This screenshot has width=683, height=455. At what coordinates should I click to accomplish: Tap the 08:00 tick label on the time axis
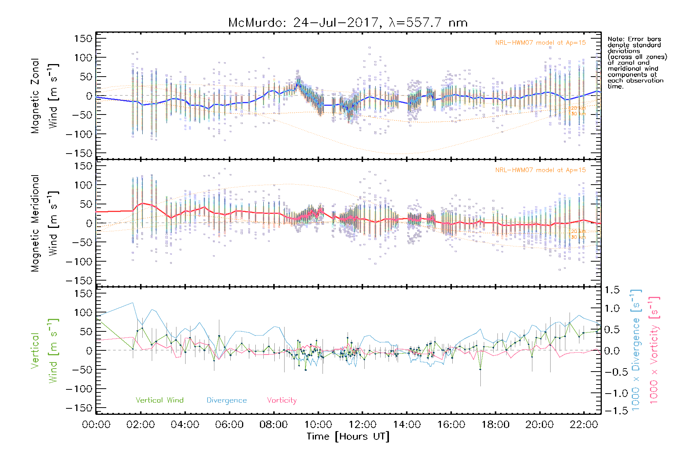(273, 425)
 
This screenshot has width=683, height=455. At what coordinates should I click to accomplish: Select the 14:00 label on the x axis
(406, 425)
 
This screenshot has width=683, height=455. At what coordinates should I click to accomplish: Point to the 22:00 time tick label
(584, 425)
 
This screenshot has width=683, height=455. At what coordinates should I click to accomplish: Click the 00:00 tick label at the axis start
(96, 425)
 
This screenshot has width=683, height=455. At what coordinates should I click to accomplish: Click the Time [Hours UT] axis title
(348, 437)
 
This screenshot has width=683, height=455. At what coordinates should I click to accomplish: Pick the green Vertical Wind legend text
(159, 400)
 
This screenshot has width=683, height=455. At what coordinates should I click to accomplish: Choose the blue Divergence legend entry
(227, 400)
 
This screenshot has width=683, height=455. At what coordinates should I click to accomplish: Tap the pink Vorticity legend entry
(282, 400)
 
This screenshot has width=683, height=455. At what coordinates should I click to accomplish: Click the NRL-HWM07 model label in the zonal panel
(540, 43)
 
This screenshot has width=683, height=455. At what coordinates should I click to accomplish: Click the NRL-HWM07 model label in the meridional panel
(540, 170)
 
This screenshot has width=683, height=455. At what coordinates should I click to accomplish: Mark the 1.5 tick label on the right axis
(612, 290)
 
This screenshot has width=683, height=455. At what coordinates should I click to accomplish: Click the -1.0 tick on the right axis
(612, 393)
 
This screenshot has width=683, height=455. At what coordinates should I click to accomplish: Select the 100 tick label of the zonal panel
(83, 58)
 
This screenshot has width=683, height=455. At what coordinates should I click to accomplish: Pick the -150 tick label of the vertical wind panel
(79, 408)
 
